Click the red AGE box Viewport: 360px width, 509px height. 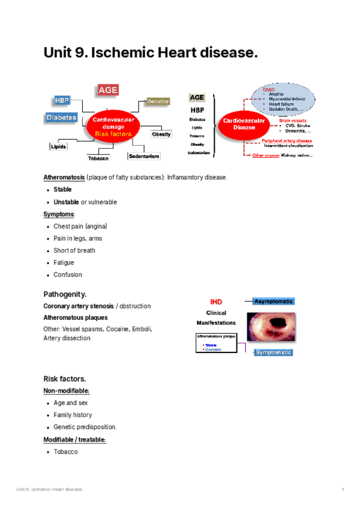108,90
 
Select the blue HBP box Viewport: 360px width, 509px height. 62,100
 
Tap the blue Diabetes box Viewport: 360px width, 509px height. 61,118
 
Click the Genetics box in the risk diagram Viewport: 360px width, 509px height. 159,102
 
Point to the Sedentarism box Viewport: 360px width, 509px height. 143,156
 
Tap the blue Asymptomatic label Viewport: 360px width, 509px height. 274,301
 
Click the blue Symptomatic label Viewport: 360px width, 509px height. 274,352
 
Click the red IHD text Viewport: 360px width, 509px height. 216,301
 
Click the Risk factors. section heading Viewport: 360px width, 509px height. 64,379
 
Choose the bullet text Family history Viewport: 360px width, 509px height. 73,415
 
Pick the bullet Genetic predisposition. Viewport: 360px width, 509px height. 85,427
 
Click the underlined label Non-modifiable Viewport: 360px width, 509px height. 66,391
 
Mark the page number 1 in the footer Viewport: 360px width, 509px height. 343,490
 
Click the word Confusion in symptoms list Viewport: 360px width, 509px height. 68,274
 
